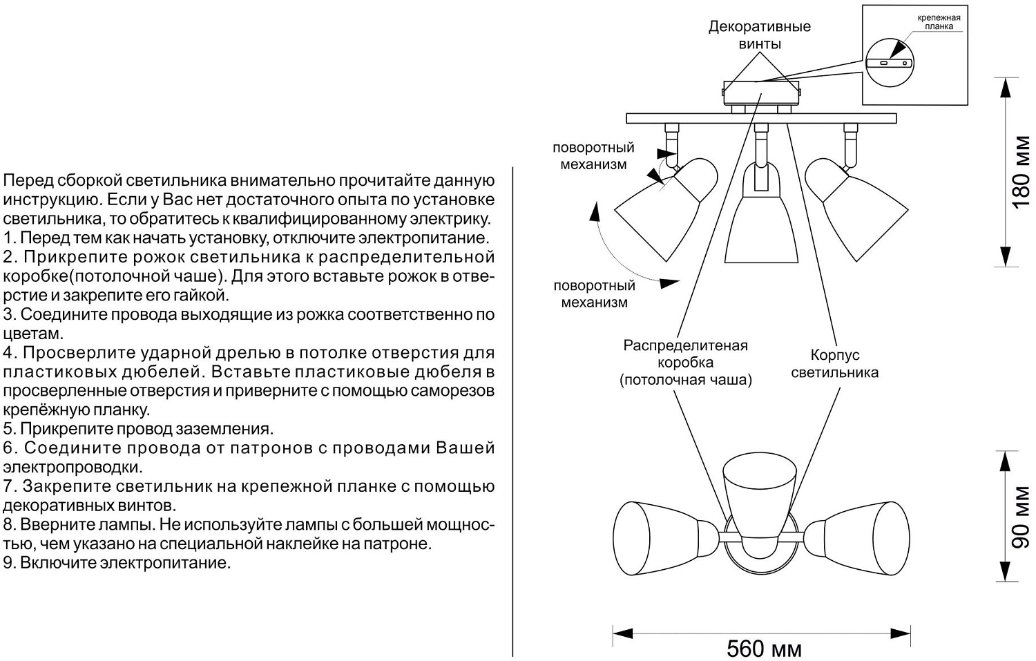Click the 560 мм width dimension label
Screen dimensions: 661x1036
click(764, 649)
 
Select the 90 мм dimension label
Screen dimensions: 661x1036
click(1021, 517)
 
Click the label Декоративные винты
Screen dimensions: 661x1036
click(760, 35)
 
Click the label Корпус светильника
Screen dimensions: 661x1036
click(834, 364)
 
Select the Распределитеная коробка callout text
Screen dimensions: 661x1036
click(685, 362)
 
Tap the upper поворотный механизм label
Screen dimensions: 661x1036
click(593, 156)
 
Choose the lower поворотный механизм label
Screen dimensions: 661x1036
click(594, 294)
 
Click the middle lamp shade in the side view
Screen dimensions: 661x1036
click(760, 221)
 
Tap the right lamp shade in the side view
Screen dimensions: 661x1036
click(856, 207)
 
